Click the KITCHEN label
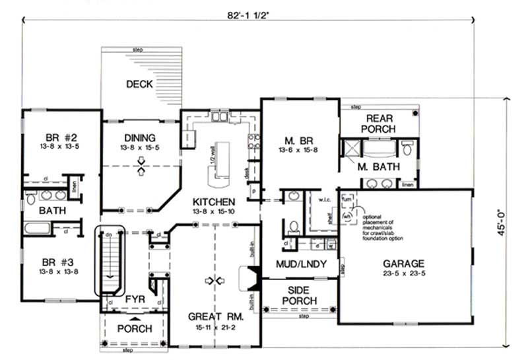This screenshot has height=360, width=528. (214, 201)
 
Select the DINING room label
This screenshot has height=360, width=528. (141, 137)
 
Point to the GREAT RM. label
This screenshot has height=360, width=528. (216, 316)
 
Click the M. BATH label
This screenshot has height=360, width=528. (378, 166)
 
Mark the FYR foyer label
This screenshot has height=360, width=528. (137, 300)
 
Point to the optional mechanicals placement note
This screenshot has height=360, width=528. (383, 223)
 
